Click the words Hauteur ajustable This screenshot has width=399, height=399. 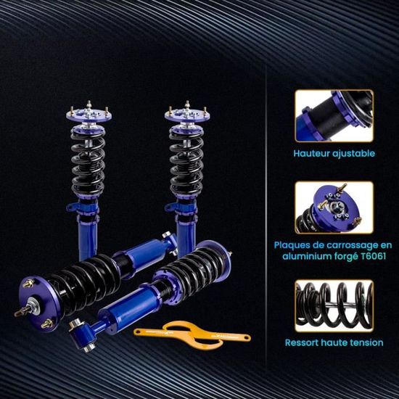pyautogui.click(x=334, y=154)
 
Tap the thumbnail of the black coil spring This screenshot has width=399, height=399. pyautogui.click(x=334, y=303)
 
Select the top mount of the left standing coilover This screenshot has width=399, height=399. pyautogui.click(x=88, y=115)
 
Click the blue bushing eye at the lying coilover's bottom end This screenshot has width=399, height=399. pyautogui.click(x=80, y=330)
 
